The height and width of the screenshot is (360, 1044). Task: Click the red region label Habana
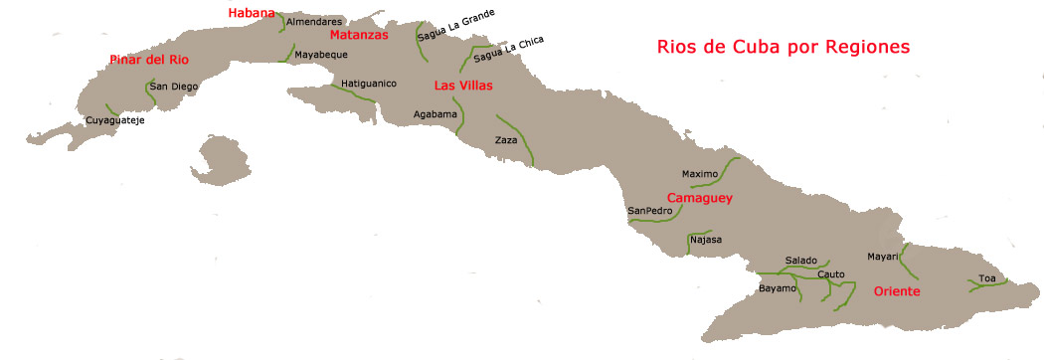251,12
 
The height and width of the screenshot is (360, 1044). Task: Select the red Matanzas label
359,34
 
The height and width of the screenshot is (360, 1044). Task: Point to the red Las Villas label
463,86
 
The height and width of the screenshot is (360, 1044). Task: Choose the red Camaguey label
699,198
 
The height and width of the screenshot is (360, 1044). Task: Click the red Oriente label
896,291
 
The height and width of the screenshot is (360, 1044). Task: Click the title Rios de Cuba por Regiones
783,47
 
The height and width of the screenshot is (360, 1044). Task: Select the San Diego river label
174,87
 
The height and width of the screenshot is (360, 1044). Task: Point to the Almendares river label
314,21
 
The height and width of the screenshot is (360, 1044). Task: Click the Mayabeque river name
321,54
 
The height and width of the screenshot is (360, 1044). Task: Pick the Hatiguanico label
369,84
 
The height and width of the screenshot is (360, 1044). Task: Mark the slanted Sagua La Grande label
456,24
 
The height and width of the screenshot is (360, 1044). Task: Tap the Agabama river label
435,113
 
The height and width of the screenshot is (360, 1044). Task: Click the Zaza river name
506,140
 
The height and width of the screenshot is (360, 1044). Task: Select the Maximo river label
700,174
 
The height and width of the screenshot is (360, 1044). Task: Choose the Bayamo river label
778,288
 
